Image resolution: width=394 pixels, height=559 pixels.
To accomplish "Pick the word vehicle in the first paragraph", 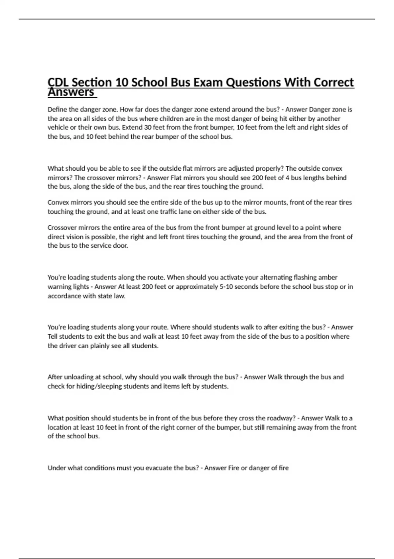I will click(58, 128).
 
